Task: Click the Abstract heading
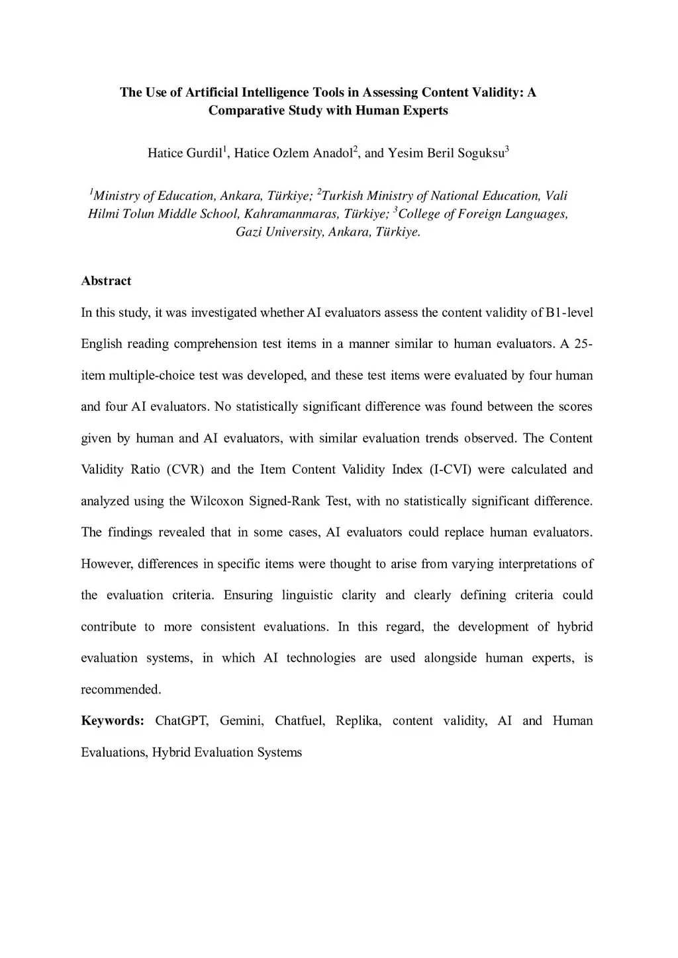[x=106, y=281]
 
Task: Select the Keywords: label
[x=113, y=720]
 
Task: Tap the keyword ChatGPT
[x=181, y=720]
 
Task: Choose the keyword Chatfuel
[x=299, y=720]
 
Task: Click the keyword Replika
[x=358, y=720]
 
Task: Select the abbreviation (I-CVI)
[x=450, y=469]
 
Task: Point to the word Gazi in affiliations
[x=249, y=232]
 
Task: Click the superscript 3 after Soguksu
[x=507, y=149]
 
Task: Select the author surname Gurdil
[x=203, y=153]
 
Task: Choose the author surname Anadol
[x=333, y=153]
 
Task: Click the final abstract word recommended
[x=121, y=689]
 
